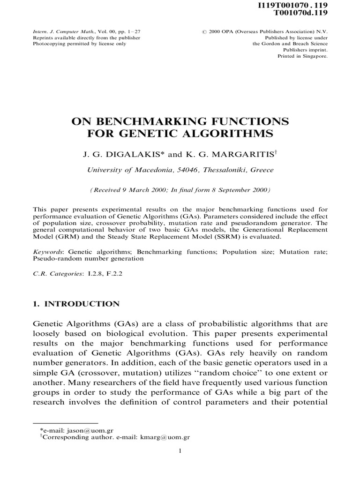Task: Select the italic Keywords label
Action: (48, 252)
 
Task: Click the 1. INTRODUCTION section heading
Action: (76, 304)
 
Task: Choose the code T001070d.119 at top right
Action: (306, 13)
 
